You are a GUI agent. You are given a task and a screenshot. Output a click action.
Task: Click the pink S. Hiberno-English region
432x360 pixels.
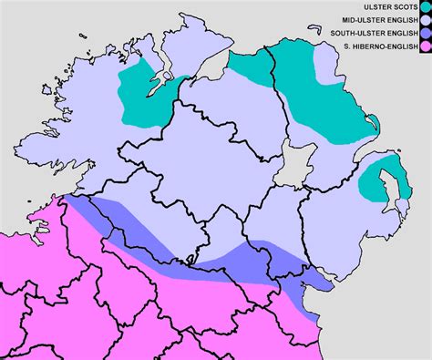(137, 301)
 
